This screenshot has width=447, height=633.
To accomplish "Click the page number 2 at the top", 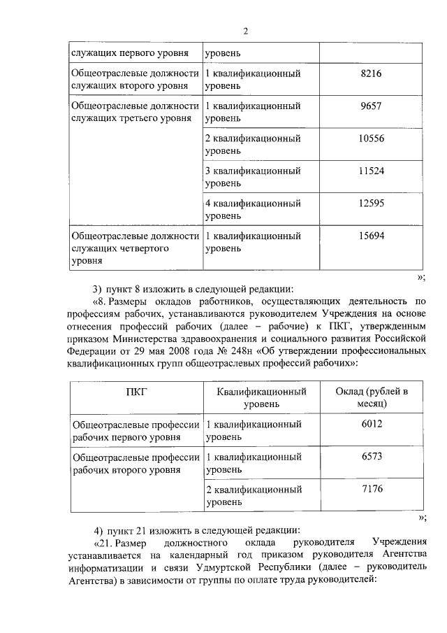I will [x=246, y=30].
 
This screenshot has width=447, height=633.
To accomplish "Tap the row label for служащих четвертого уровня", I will [x=135, y=248].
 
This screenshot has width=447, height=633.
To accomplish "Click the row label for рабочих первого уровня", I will [x=135, y=430].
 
